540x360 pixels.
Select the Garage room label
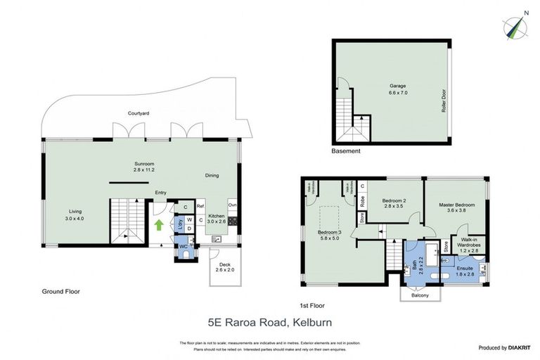coord(399,87)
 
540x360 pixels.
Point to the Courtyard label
coord(138,113)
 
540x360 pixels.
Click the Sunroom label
coord(145,163)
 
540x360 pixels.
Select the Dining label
coord(212,176)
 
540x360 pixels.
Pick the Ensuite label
coord(465,268)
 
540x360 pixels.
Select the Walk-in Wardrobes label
coord(470,244)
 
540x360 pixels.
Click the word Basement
coord(345,151)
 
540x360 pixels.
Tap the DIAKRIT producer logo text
coord(520,347)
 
